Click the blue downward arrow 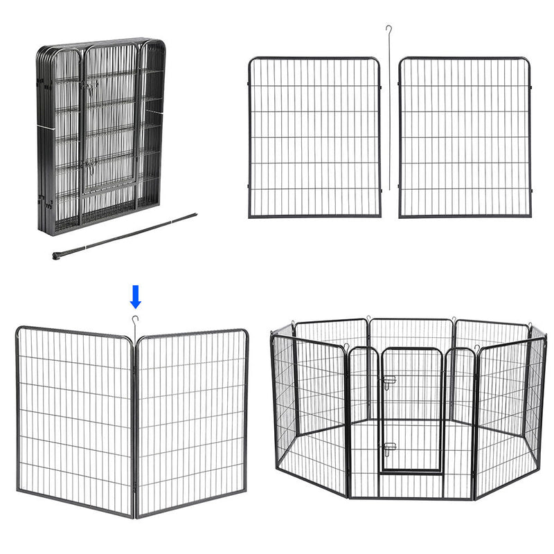coord(136,296)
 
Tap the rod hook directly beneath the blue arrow coord(134,319)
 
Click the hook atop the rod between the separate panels coord(390,29)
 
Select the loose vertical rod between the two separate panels coord(390,111)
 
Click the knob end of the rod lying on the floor coord(56,256)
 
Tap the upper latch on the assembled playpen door coord(389,380)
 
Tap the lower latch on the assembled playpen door coord(389,447)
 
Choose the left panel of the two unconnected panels coord(314,137)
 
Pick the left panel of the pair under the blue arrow coord(74,419)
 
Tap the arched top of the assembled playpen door coord(412,350)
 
